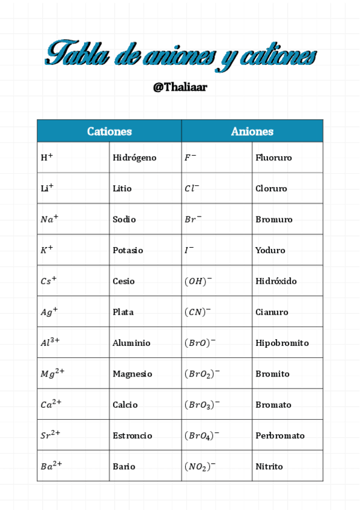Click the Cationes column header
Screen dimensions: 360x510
pos(109,131)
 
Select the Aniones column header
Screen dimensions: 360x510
pos(252,131)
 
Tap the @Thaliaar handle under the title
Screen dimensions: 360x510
pos(180,87)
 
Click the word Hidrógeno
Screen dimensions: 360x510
pos(134,158)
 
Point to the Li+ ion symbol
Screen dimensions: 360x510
pos(47,188)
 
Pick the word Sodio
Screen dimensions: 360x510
pos(124,220)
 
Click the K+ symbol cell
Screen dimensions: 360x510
pos(47,250)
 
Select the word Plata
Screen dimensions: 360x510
pos(123,312)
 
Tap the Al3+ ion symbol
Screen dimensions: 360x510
pos(50,342)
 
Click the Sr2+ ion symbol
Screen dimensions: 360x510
pos(50,435)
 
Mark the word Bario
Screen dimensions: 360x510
pos(123,466)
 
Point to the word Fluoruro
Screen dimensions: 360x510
pos(273,158)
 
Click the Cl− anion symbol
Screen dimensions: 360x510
pos(192,188)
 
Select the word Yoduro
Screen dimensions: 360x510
pos(270,250)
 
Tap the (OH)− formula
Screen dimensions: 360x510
pos(198,281)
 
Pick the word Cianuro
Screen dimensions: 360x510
pos(272,312)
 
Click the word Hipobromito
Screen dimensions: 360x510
pos(282,343)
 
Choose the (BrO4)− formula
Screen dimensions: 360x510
pos(202,435)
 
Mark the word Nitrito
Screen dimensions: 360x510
pos(269,466)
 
